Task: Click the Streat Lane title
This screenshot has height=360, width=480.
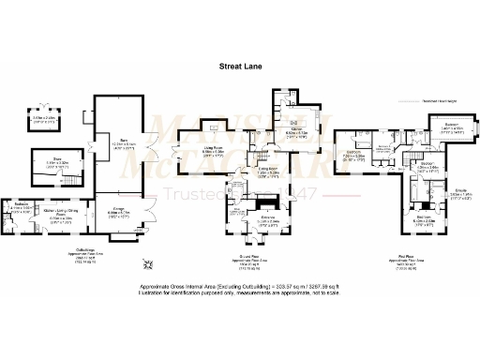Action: pyautogui.click(x=240, y=67)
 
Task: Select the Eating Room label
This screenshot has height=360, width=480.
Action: pyautogui.click(x=270, y=173)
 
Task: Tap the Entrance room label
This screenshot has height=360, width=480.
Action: pyautogui.click(x=246, y=222)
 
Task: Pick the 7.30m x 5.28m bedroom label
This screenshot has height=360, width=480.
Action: pyautogui.click(x=353, y=153)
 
